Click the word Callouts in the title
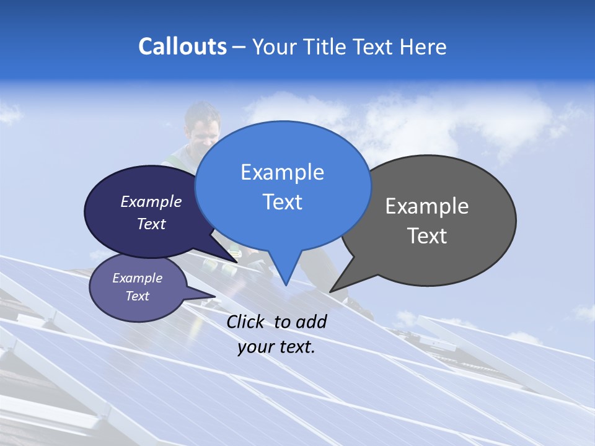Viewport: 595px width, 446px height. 182,46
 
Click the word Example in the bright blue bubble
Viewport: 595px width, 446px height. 282,172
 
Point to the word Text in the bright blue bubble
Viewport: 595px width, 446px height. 282,202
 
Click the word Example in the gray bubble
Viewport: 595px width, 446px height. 427,206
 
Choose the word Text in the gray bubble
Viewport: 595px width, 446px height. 427,236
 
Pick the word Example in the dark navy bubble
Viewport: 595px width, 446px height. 151,201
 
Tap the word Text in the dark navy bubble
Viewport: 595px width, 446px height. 151,224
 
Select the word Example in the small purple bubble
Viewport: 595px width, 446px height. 138,278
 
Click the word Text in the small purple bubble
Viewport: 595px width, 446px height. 138,296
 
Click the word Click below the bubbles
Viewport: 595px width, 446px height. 245,321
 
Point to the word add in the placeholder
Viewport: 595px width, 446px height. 311,321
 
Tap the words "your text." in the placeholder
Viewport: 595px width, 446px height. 276,347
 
